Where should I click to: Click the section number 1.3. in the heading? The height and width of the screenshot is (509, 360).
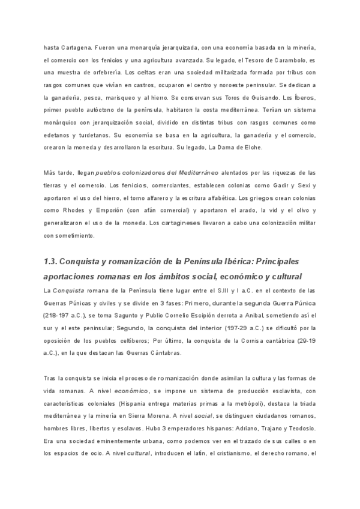[55, 262]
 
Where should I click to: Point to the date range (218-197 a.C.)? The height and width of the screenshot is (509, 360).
[64, 315]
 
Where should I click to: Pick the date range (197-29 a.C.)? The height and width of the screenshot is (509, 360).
[221, 327]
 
